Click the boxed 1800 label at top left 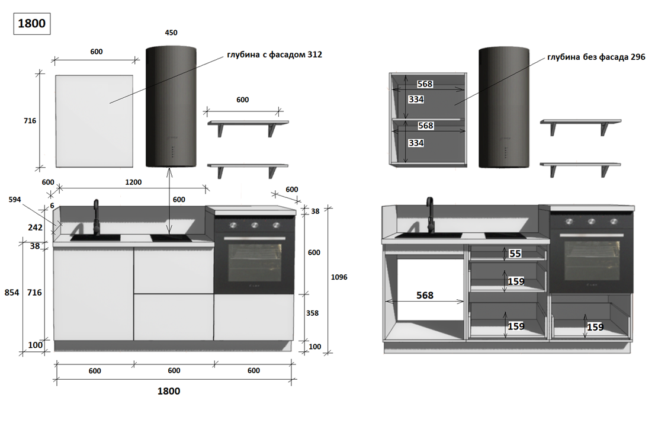[32, 24]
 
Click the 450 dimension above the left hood [171, 33]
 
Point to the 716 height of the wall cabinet [30, 121]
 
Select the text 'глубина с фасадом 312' [274, 55]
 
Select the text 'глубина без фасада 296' [596, 57]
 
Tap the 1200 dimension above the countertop [133, 182]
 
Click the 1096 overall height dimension [339, 277]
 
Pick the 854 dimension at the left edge [12, 293]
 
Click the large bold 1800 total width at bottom [169, 391]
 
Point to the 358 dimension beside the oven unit [312, 313]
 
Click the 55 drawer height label [515, 254]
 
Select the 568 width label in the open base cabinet [425, 296]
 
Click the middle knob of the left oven [255, 225]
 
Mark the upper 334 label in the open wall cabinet [416, 100]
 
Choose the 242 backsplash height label [35, 228]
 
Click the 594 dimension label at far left [15, 200]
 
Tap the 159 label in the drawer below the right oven [595, 327]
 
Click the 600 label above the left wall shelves [243, 100]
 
